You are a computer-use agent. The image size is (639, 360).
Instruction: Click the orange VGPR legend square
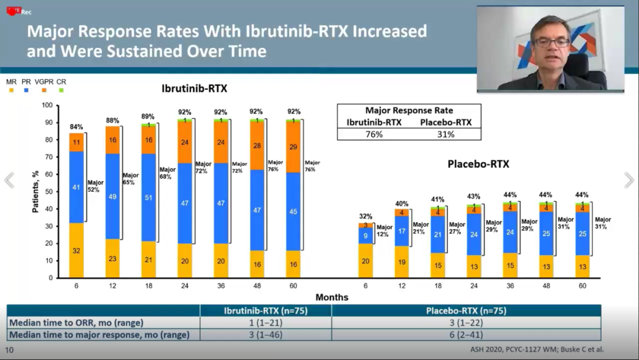coord(44,90)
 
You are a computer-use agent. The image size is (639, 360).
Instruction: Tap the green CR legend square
coord(61,90)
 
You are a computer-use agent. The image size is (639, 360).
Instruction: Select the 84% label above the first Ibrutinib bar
coord(76,127)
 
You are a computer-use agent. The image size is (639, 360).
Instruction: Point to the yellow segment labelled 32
coord(76,250)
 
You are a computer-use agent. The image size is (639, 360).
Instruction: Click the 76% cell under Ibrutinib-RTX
coord(373,134)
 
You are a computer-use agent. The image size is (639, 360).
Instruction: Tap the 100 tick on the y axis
coord(47,105)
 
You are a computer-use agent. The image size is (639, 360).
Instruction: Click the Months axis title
coord(331,297)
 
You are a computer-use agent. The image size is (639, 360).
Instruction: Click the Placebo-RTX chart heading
coord(478,164)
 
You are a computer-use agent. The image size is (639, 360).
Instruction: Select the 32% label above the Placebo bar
coord(366,216)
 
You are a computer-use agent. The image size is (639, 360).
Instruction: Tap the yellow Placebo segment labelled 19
coord(402,262)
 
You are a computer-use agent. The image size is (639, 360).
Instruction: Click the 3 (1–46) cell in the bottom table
coord(266,335)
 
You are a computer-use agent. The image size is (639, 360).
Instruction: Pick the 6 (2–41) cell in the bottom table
coord(466,335)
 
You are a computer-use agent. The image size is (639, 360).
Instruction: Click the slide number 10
coord(9,350)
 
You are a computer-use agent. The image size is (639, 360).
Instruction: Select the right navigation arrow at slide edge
coord(629,181)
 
